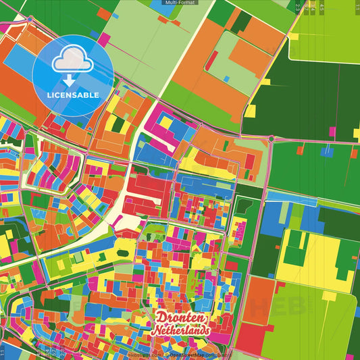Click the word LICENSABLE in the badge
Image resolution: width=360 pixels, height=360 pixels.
click(x=72, y=95)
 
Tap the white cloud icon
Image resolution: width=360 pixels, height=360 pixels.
click(x=72, y=59)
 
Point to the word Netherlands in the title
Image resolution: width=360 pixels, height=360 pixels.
click(x=181, y=332)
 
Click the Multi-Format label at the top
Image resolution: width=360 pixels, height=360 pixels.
click(x=180, y=3)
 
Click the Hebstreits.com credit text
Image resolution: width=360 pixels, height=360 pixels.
click(x=146, y=354)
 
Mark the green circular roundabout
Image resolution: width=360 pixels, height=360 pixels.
click(x=272, y=138)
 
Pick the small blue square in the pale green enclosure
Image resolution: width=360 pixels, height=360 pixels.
click(x=226, y=79)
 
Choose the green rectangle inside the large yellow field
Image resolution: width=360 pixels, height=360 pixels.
click(x=295, y=255)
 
